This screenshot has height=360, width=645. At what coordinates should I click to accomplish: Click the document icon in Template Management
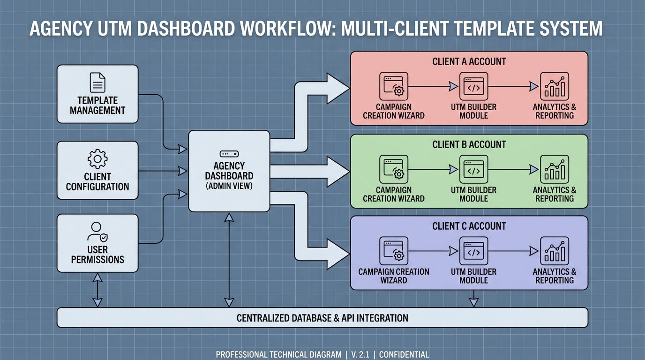97,82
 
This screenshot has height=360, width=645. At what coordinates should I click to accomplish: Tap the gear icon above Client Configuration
97,159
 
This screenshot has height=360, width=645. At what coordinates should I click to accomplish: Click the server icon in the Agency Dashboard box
229,154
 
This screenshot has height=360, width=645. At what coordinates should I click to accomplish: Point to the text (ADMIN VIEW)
229,186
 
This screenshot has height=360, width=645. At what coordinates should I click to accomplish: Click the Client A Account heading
469,61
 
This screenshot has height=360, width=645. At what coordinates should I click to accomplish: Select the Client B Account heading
469,145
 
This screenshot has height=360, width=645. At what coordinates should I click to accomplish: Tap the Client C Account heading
469,226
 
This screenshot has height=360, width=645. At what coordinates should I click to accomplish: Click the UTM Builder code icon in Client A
473,87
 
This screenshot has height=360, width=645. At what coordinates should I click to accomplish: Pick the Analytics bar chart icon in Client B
555,169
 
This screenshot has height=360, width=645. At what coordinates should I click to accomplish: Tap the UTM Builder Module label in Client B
473,194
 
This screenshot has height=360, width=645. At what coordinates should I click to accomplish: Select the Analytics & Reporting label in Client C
555,276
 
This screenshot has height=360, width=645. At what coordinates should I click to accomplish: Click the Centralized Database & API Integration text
322,318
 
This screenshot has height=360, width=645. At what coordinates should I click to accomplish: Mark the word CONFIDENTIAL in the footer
404,355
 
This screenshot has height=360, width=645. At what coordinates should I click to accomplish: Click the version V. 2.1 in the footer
360,355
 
